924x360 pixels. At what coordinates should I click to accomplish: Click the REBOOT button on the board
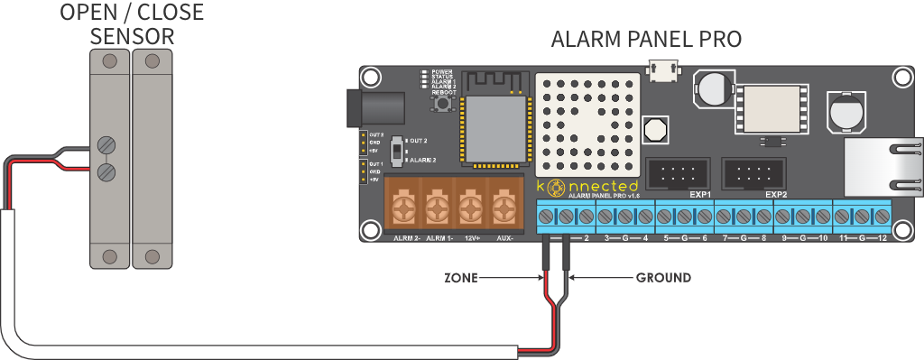[x=444, y=106]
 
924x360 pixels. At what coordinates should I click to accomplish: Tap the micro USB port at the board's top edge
[x=665, y=71]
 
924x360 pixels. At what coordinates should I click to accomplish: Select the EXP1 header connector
[x=678, y=171]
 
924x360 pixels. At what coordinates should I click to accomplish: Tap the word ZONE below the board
[x=458, y=277]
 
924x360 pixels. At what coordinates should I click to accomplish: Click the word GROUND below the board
[x=663, y=277]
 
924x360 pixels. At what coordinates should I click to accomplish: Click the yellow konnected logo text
[x=587, y=186]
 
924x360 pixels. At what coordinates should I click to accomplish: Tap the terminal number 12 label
[x=882, y=239]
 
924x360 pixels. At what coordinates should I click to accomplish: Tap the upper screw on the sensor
[x=107, y=144]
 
